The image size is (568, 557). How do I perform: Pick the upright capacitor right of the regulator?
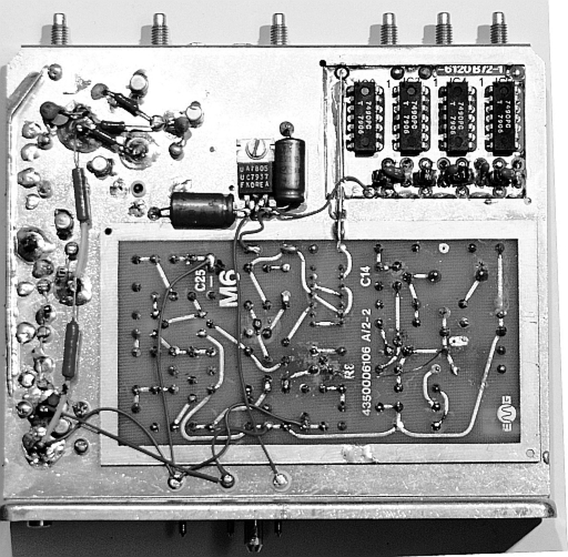click(x=289, y=170)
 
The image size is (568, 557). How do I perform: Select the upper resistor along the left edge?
click(x=82, y=194)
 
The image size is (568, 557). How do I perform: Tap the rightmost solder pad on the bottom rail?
click(x=280, y=480)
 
